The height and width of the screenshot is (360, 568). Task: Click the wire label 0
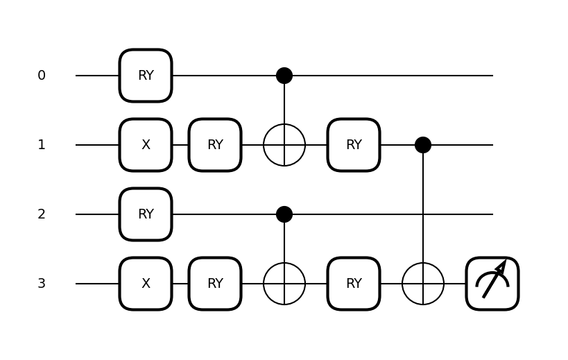(42, 76)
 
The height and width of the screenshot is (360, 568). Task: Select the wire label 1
(42, 145)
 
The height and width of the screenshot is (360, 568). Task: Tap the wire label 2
(42, 214)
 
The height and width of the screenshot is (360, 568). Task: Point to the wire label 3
(42, 284)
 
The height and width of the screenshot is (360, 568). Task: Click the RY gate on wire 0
(146, 76)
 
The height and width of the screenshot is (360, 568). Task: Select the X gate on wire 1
(146, 145)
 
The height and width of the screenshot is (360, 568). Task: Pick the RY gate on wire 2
(146, 214)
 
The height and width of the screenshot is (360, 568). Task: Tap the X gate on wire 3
(146, 284)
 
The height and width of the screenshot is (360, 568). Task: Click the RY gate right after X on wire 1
(215, 145)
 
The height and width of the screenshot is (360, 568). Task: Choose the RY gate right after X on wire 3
(215, 284)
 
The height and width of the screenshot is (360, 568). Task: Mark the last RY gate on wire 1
(354, 145)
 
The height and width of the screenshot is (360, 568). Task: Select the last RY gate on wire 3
(354, 284)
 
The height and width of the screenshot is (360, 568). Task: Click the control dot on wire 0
(284, 76)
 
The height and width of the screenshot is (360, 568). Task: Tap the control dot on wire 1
(423, 145)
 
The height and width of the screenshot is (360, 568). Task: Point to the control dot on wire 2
(284, 214)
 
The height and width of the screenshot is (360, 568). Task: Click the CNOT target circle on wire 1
(284, 145)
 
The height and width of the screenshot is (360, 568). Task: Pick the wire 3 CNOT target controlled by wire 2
(284, 284)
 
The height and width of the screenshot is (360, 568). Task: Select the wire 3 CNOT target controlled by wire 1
(423, 284)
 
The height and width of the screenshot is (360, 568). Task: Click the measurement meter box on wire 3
(492, 284)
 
